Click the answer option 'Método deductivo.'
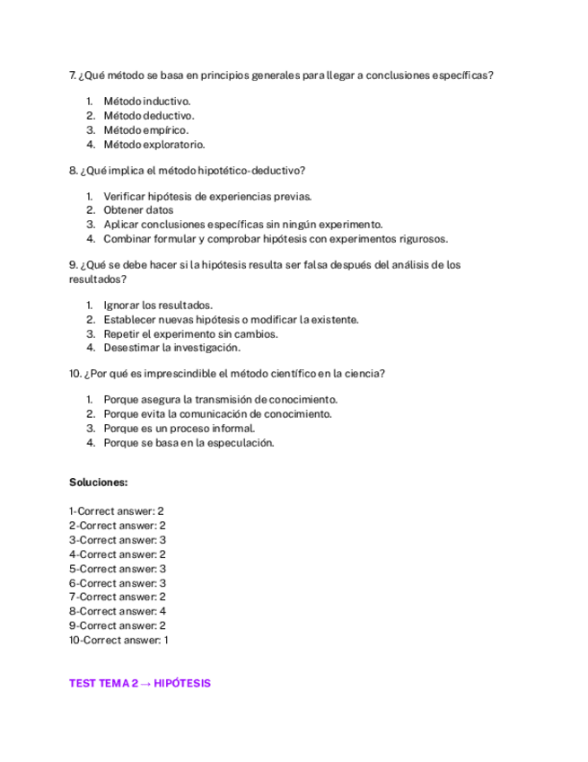click(x=149, y=116)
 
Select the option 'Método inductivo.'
click(x=147, y=102)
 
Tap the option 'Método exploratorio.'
click(x=154, y=145)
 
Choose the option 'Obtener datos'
click(x=138, y=210)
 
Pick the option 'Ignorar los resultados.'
click(x=158, y=306)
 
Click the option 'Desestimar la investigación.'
click(x=171, y=348)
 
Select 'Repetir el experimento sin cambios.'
click(x=190, y=333)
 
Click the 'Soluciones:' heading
click(x=99, y=483)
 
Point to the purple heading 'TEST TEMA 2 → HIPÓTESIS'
click(x=140, y=684)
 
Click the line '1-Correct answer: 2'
click(x=117, y=511)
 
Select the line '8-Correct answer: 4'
click(x=118, y=611)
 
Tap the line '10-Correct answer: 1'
click(x=118, y=640)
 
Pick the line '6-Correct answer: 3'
click(x=118, y=582)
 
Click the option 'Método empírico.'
click(x=146, y=130)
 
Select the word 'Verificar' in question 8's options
click(x=124, y=196)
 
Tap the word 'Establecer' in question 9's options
click(x=129, y=319)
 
